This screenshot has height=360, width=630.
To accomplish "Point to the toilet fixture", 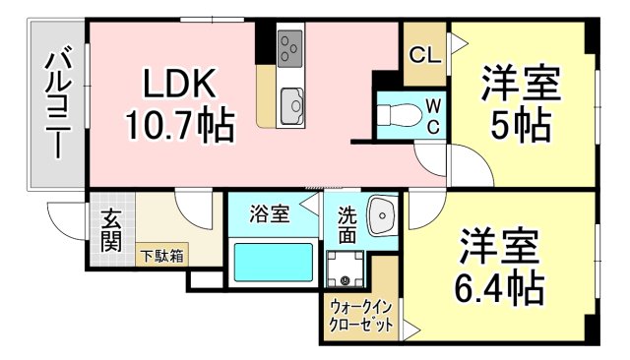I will (398, 115).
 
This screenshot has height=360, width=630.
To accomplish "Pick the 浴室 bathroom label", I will (269, 213).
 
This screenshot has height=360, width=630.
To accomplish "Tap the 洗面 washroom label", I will (348, 225).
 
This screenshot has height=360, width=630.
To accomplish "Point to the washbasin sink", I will (379, 216).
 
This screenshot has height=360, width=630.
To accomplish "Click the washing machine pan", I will (346, 268).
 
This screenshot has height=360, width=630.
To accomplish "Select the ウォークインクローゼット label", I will (359, 316).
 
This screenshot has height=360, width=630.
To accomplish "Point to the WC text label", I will (432, 117).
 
